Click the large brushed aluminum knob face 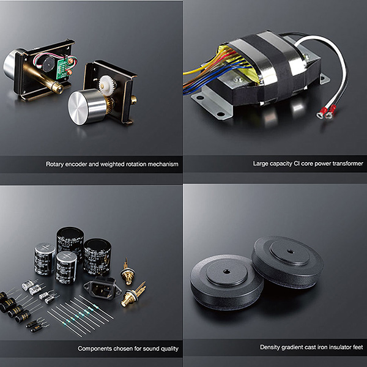[x=78, y=108]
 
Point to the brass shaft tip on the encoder [x=58, y=88]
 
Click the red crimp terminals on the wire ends [x=326, y=112]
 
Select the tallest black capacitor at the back [x=70, y=243]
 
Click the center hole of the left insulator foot [x=226, y=272]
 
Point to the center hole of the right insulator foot [x=290, y=252]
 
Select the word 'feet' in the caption [x=358, y=347]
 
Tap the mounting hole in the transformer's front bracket [x=220, y=114]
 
